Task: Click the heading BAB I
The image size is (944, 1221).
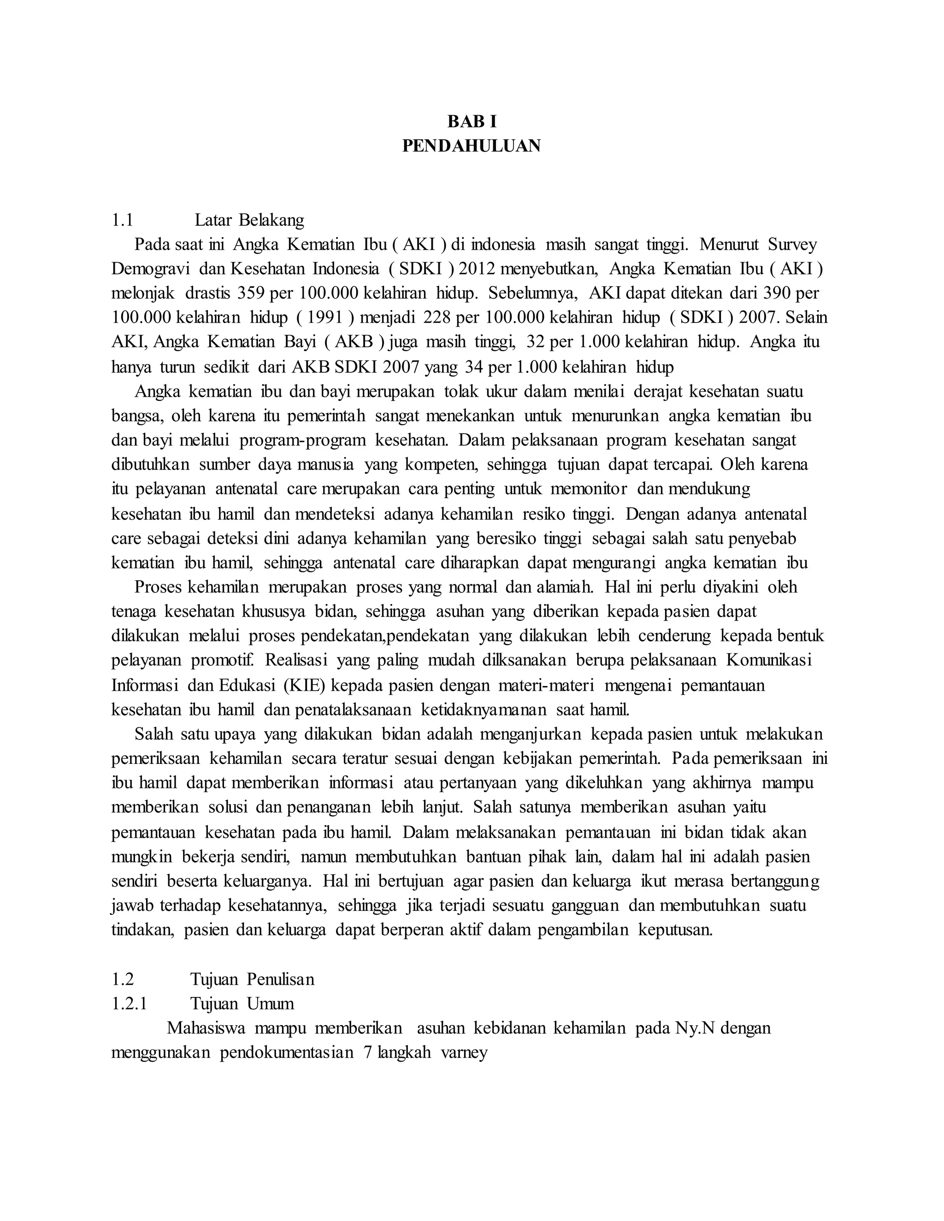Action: pyautogui.click(x=472, y=121)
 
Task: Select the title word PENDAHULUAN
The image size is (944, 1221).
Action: pyautogui.click(x=472, y=146)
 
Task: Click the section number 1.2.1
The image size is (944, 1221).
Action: pyautogui.click(x=129, y=1004)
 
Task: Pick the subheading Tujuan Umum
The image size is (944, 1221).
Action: pyautogui.click(x=242, y=1004)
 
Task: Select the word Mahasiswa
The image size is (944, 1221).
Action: pyautogui.click(x=206, y=1027)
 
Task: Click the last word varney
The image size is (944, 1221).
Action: pyautogui.click(x=464, y=1052)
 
